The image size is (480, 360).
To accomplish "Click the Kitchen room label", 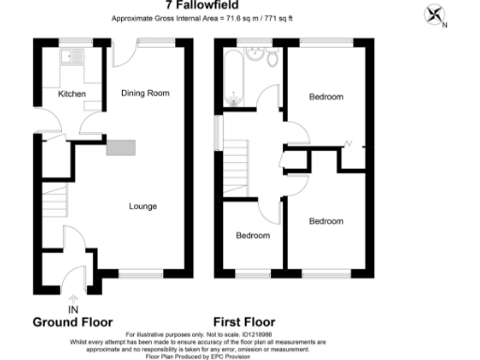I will [x=72, y=95].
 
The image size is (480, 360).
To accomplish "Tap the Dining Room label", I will [x=144, y=93].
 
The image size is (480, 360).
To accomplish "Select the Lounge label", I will [x=142, y=206].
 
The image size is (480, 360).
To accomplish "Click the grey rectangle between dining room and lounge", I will [x=122, y=146].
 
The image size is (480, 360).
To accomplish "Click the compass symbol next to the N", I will [x=434, y=14].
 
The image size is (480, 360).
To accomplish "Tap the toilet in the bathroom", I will [x=272, y=60].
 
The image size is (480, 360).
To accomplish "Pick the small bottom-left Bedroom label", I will [x=252, y=235].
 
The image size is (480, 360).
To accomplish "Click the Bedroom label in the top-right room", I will [x=325, y=97].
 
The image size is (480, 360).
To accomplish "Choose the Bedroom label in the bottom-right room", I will [x=325, y=221].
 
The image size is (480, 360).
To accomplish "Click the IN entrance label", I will [x=73, y=308].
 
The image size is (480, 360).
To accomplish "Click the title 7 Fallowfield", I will [x=239, y=5].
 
